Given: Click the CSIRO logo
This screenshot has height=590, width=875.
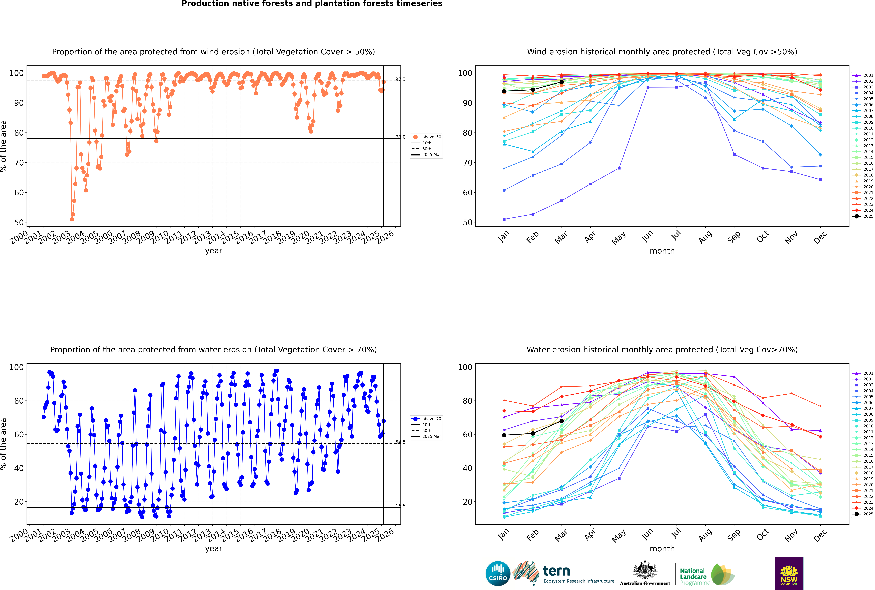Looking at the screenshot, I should [498, 573].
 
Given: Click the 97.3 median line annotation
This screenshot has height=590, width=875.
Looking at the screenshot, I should [400, 79].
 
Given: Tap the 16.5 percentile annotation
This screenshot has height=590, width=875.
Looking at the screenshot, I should [400, 506].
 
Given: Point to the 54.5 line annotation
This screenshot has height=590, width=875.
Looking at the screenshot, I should [400, 442].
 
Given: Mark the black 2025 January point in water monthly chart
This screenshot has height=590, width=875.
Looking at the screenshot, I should [504, 435].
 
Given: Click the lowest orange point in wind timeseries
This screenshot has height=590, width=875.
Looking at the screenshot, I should [72, 219].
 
